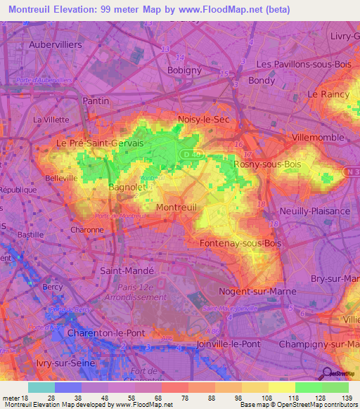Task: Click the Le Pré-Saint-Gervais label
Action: click(99, 143)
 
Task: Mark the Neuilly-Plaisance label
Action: click(314, 211)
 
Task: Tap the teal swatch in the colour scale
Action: click(41, 387)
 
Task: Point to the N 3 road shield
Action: click(352, 171)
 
